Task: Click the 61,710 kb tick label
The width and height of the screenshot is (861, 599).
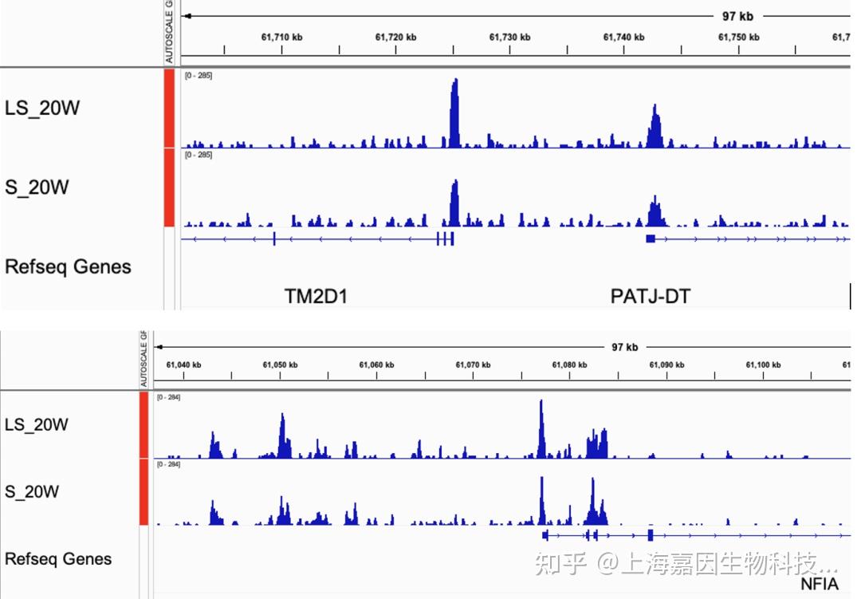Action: click(x=281, y=36)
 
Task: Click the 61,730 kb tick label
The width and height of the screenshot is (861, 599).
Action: click(x=509, y=36)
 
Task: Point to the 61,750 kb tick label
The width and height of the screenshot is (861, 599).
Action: click(x=738, y=36)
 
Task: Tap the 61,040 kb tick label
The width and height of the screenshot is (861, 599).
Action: click(x=183, y=365)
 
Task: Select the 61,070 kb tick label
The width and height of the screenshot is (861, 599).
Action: click(x=473, y=365)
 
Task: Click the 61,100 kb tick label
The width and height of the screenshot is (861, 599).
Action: click(x=763, y=365)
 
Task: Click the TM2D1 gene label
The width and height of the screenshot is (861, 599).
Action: click(x=316, y=297)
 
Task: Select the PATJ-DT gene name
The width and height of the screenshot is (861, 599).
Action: click(x=650, y=297)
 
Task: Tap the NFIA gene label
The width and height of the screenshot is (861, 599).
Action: click(x=820, y=584)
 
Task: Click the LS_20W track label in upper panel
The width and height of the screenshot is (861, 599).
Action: click(x=42, y=108)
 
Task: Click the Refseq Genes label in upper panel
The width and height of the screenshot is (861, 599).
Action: click(x=68, y=266)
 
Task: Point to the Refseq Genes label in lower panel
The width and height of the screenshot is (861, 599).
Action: click(x=58, y=559)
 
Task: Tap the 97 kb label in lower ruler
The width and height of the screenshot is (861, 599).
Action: click(x=624, y=347)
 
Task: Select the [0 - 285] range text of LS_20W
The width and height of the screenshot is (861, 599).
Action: click(x=199, y=75)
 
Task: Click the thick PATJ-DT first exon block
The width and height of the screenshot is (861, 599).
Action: click(x=651, y=238)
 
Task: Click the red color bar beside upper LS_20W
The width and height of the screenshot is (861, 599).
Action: click(x=169, y=108)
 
